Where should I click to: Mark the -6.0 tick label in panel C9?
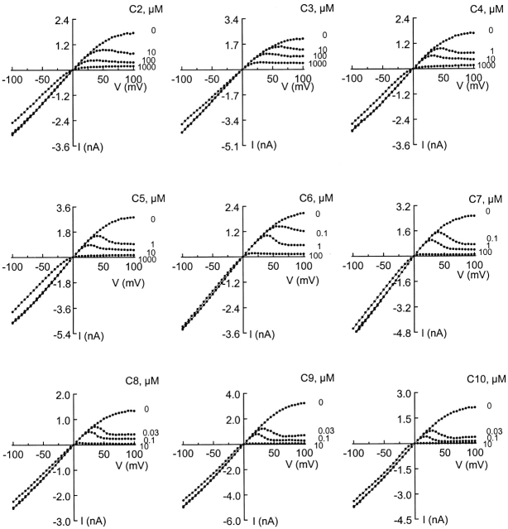pos(226,522)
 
